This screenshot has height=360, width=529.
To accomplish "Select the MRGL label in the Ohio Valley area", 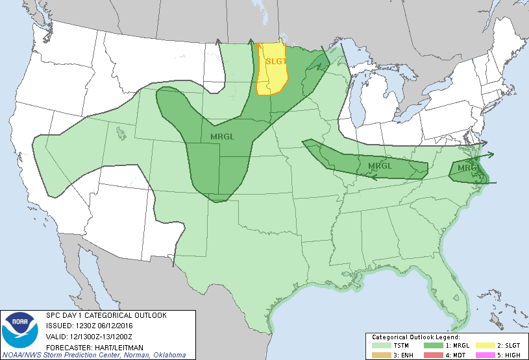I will pos(380,166).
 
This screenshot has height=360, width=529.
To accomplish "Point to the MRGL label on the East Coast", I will pos(466,168).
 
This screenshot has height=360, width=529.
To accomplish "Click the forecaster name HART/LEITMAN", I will pos(108,346).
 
